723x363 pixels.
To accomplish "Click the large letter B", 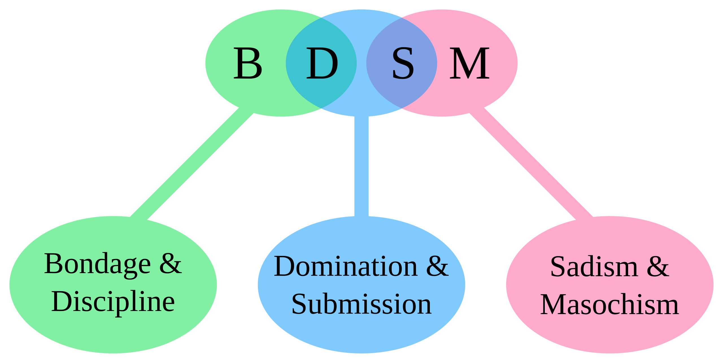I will [x=248, y=63].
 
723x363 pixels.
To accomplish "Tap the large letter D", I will [x=322, y=63].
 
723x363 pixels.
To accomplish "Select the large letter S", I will [x=403, y=63].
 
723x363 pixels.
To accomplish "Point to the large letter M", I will [x=469, y=63].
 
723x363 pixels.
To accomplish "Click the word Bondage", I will [x=97, y=264].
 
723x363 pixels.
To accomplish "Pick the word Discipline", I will [x=113, y=302].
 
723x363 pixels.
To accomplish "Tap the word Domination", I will [x=346, y=266].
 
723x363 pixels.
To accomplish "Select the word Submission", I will [x=361, y=304].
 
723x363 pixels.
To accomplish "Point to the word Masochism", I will [x=609, y=305].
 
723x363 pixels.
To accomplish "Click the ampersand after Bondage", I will [x=170, y=263].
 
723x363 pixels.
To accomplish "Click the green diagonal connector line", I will [x=192, y=164].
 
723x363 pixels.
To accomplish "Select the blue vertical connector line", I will [x=361, y=167].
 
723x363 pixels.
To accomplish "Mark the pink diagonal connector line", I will [x=531, y=164].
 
